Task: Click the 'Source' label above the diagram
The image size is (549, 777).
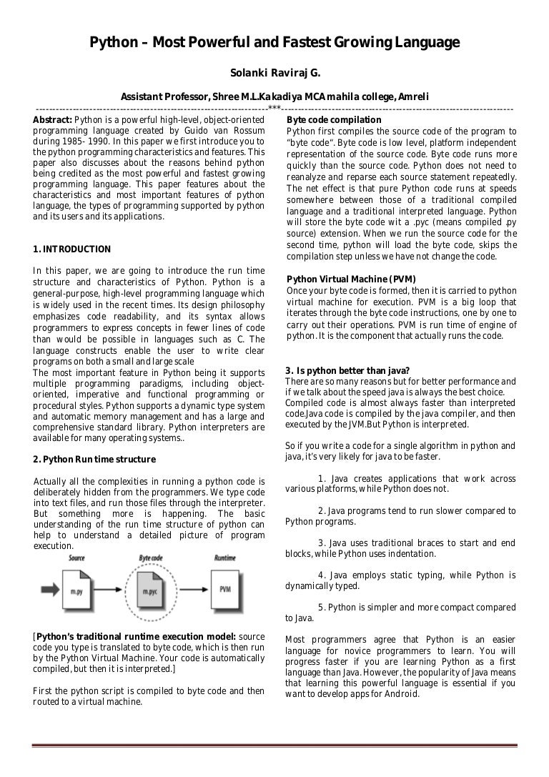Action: [77, 557]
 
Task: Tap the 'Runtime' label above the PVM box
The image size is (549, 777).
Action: [225, 557]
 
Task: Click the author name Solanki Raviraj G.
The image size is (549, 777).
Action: [274, 72]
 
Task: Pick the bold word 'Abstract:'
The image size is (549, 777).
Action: [53, 119]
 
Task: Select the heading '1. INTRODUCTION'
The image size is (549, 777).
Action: [72, 249]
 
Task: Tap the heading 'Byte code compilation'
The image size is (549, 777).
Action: [333, 119]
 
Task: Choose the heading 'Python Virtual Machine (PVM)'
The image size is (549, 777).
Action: [351, 279]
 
